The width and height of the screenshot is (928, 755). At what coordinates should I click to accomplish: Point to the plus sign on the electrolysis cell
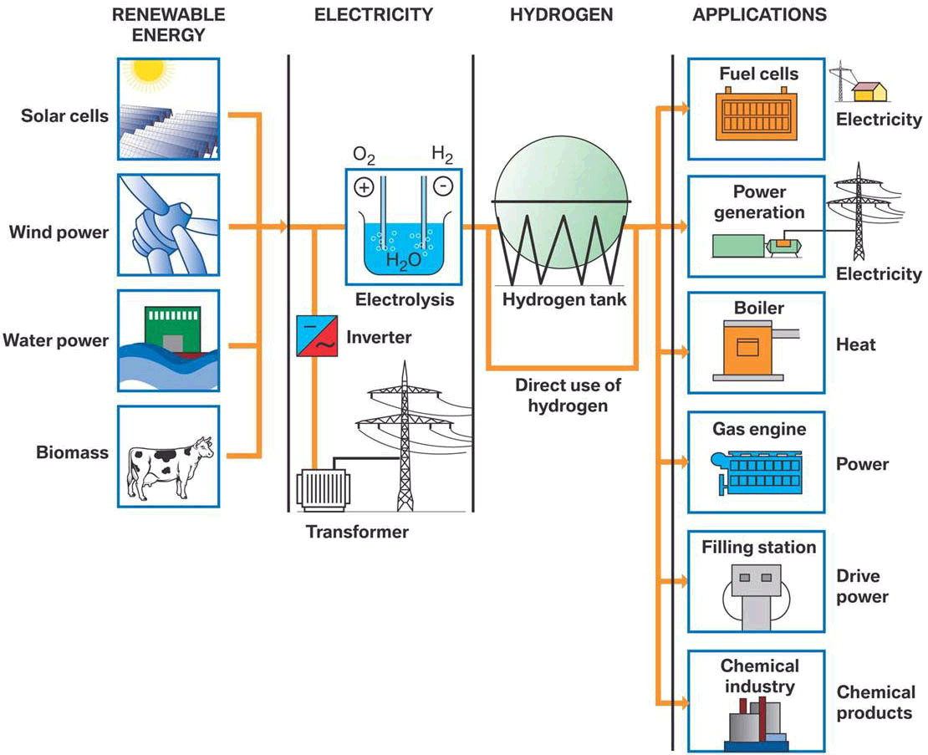click(364, 188)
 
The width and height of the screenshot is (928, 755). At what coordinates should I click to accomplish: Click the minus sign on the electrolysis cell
click(443, 188)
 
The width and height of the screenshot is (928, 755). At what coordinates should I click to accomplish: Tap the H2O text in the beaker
click(403, 260)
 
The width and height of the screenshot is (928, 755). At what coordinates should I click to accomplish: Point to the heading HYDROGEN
click(561, 14)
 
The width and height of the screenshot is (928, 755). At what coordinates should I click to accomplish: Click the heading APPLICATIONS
click(759, 14)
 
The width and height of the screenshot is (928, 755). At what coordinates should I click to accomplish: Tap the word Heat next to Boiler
click(856, 344)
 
